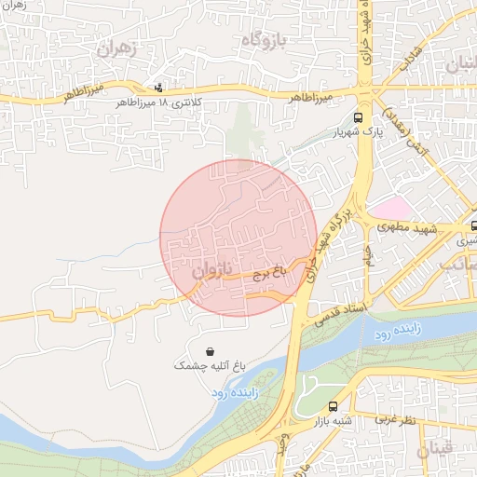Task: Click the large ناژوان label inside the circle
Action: pyautogui.click(x=211, y=272)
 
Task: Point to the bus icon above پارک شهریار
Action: pyautogui.click(x=358, y=118)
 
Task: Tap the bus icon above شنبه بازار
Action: pyautogui.click(x=334, y=406)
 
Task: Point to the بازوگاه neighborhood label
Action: pyautogui.click(x=268, y=41)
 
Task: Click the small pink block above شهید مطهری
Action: pyautogui.click(x=390, y=208)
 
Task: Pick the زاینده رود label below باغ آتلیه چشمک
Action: pyautogui.click(x=233, y=393)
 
